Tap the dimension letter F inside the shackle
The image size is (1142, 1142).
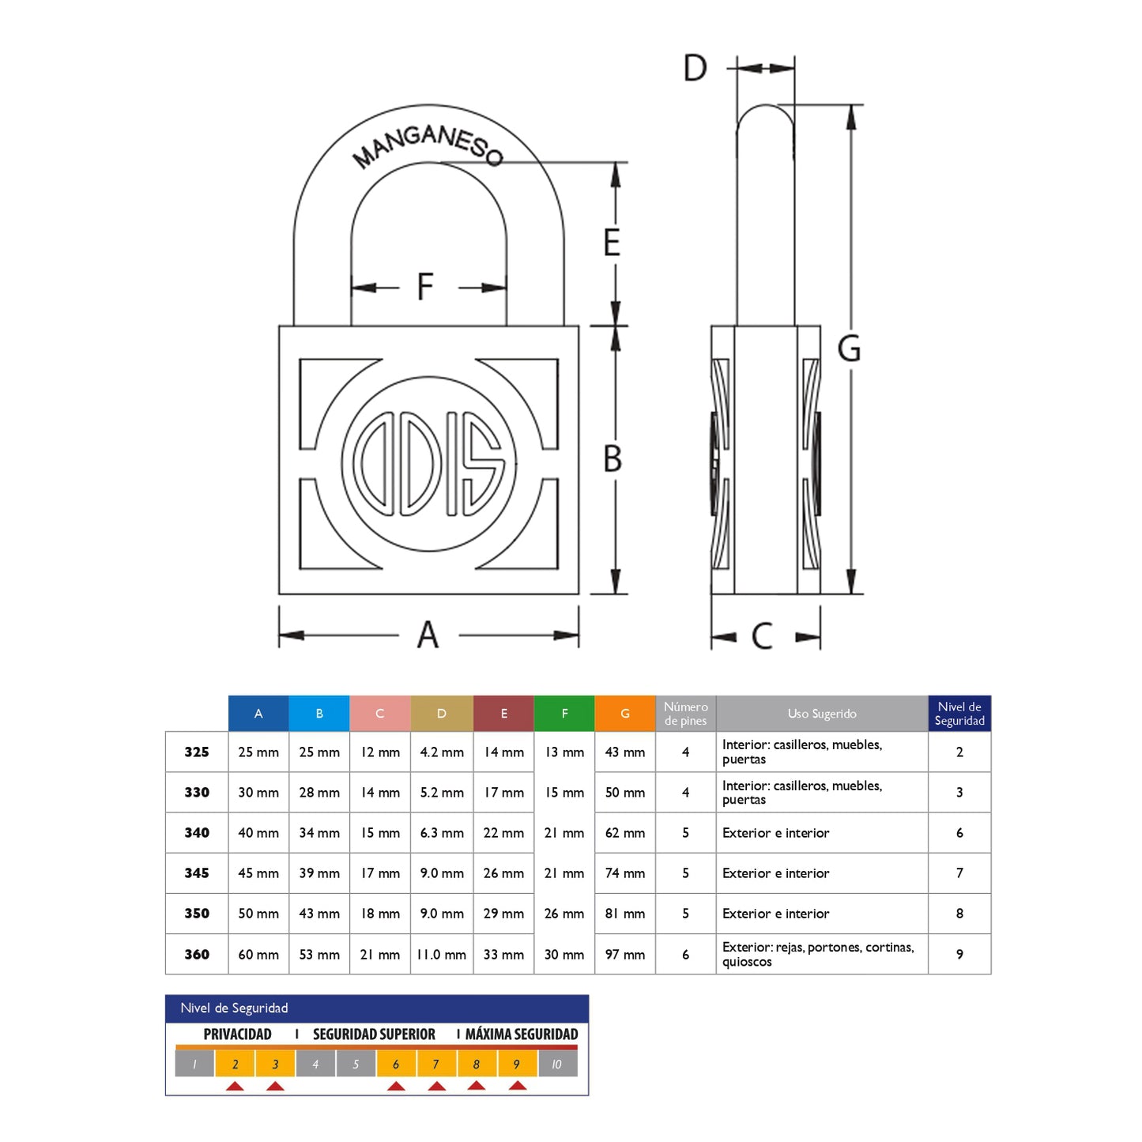coord(425,287)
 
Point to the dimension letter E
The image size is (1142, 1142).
coord(612,243)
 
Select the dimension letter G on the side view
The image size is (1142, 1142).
coord(849,349)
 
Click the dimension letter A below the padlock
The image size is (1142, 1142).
coord(428,635)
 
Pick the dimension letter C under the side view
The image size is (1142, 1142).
coord(762,636)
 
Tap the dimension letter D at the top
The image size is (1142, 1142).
coord(695,69)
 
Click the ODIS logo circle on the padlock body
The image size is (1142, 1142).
coord(428,463)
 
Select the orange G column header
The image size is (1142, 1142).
coord(624,714)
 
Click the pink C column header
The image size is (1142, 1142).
coord(379,714)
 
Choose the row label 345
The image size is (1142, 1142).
coord(197,873)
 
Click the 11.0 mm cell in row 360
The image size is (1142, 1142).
coord(441,955)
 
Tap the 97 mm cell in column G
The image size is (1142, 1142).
coord(624,955)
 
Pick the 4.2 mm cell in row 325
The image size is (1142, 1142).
coord(441,752)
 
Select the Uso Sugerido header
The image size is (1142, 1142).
coord(821,714)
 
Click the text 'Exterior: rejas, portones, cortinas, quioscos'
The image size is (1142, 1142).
coord(817,954)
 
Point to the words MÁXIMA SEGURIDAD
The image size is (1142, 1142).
coord(521,1035)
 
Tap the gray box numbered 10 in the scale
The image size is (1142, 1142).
coord(556,1065)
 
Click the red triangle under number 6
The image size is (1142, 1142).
coord(396,1087)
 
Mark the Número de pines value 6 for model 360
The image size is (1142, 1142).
coord(685,955)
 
